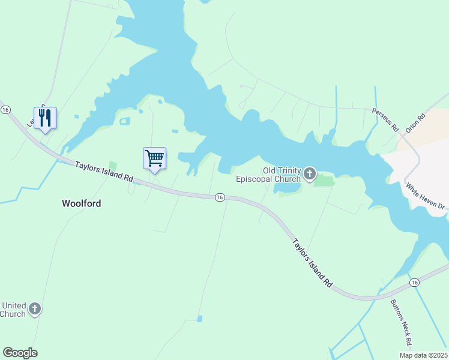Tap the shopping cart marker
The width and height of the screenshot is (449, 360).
154,159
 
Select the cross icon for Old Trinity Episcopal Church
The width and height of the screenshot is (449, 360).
310,174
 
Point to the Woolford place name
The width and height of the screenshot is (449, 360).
81,203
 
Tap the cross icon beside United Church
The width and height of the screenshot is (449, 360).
35,309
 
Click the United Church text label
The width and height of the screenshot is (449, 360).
13,310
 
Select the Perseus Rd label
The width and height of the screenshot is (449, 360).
385,120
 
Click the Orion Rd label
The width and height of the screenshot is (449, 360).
415,122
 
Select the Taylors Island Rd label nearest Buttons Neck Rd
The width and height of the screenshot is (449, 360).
312,263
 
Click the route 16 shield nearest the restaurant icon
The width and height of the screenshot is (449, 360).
5,110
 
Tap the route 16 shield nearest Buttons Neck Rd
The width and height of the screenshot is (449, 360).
414,282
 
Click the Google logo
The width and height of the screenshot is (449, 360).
20,353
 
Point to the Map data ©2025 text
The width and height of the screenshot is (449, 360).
423,355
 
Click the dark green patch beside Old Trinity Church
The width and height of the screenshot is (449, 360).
323,179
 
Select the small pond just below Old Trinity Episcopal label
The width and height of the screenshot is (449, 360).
287,188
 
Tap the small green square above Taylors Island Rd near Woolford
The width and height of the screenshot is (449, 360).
112,165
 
